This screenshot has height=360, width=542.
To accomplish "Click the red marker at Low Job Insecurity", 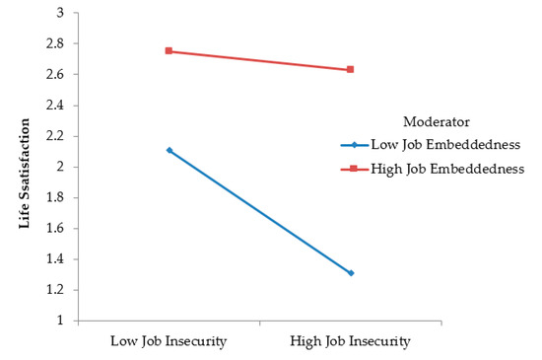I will [x=169, y=50].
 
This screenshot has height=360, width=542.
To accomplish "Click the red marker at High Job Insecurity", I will [x=351, y=69].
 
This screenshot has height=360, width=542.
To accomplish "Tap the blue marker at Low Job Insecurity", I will [x=169, y=150].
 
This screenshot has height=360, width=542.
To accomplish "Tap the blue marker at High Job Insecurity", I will [x=351, y=273].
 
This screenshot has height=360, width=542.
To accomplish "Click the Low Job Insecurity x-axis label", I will [x=169, y=341].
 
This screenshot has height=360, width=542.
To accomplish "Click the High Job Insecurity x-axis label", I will [x=351, y=341].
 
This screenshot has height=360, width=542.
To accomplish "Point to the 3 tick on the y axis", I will [x=59, y=13].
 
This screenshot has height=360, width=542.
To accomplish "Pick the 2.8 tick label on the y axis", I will [x=54, y=43].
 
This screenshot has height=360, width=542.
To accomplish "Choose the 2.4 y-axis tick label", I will [x=54, y=106].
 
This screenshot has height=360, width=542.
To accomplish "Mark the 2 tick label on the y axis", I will [x=59, y=167].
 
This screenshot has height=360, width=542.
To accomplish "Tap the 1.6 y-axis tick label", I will [x=54, y=229].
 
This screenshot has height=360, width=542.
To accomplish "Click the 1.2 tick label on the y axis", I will [x=54, y=290].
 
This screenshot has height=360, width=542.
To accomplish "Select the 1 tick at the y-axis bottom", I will [x=59, y=321].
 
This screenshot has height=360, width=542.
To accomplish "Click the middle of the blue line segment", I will [x=260, y=211].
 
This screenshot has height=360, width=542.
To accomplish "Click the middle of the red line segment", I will [x=260, y=60].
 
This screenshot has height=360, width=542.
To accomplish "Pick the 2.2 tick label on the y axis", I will [x=54, y=136].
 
